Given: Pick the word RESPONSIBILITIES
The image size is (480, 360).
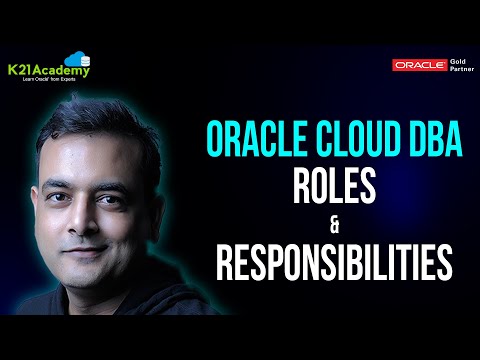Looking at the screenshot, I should (334, 263).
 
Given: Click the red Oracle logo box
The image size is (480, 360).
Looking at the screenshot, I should (419, 66).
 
